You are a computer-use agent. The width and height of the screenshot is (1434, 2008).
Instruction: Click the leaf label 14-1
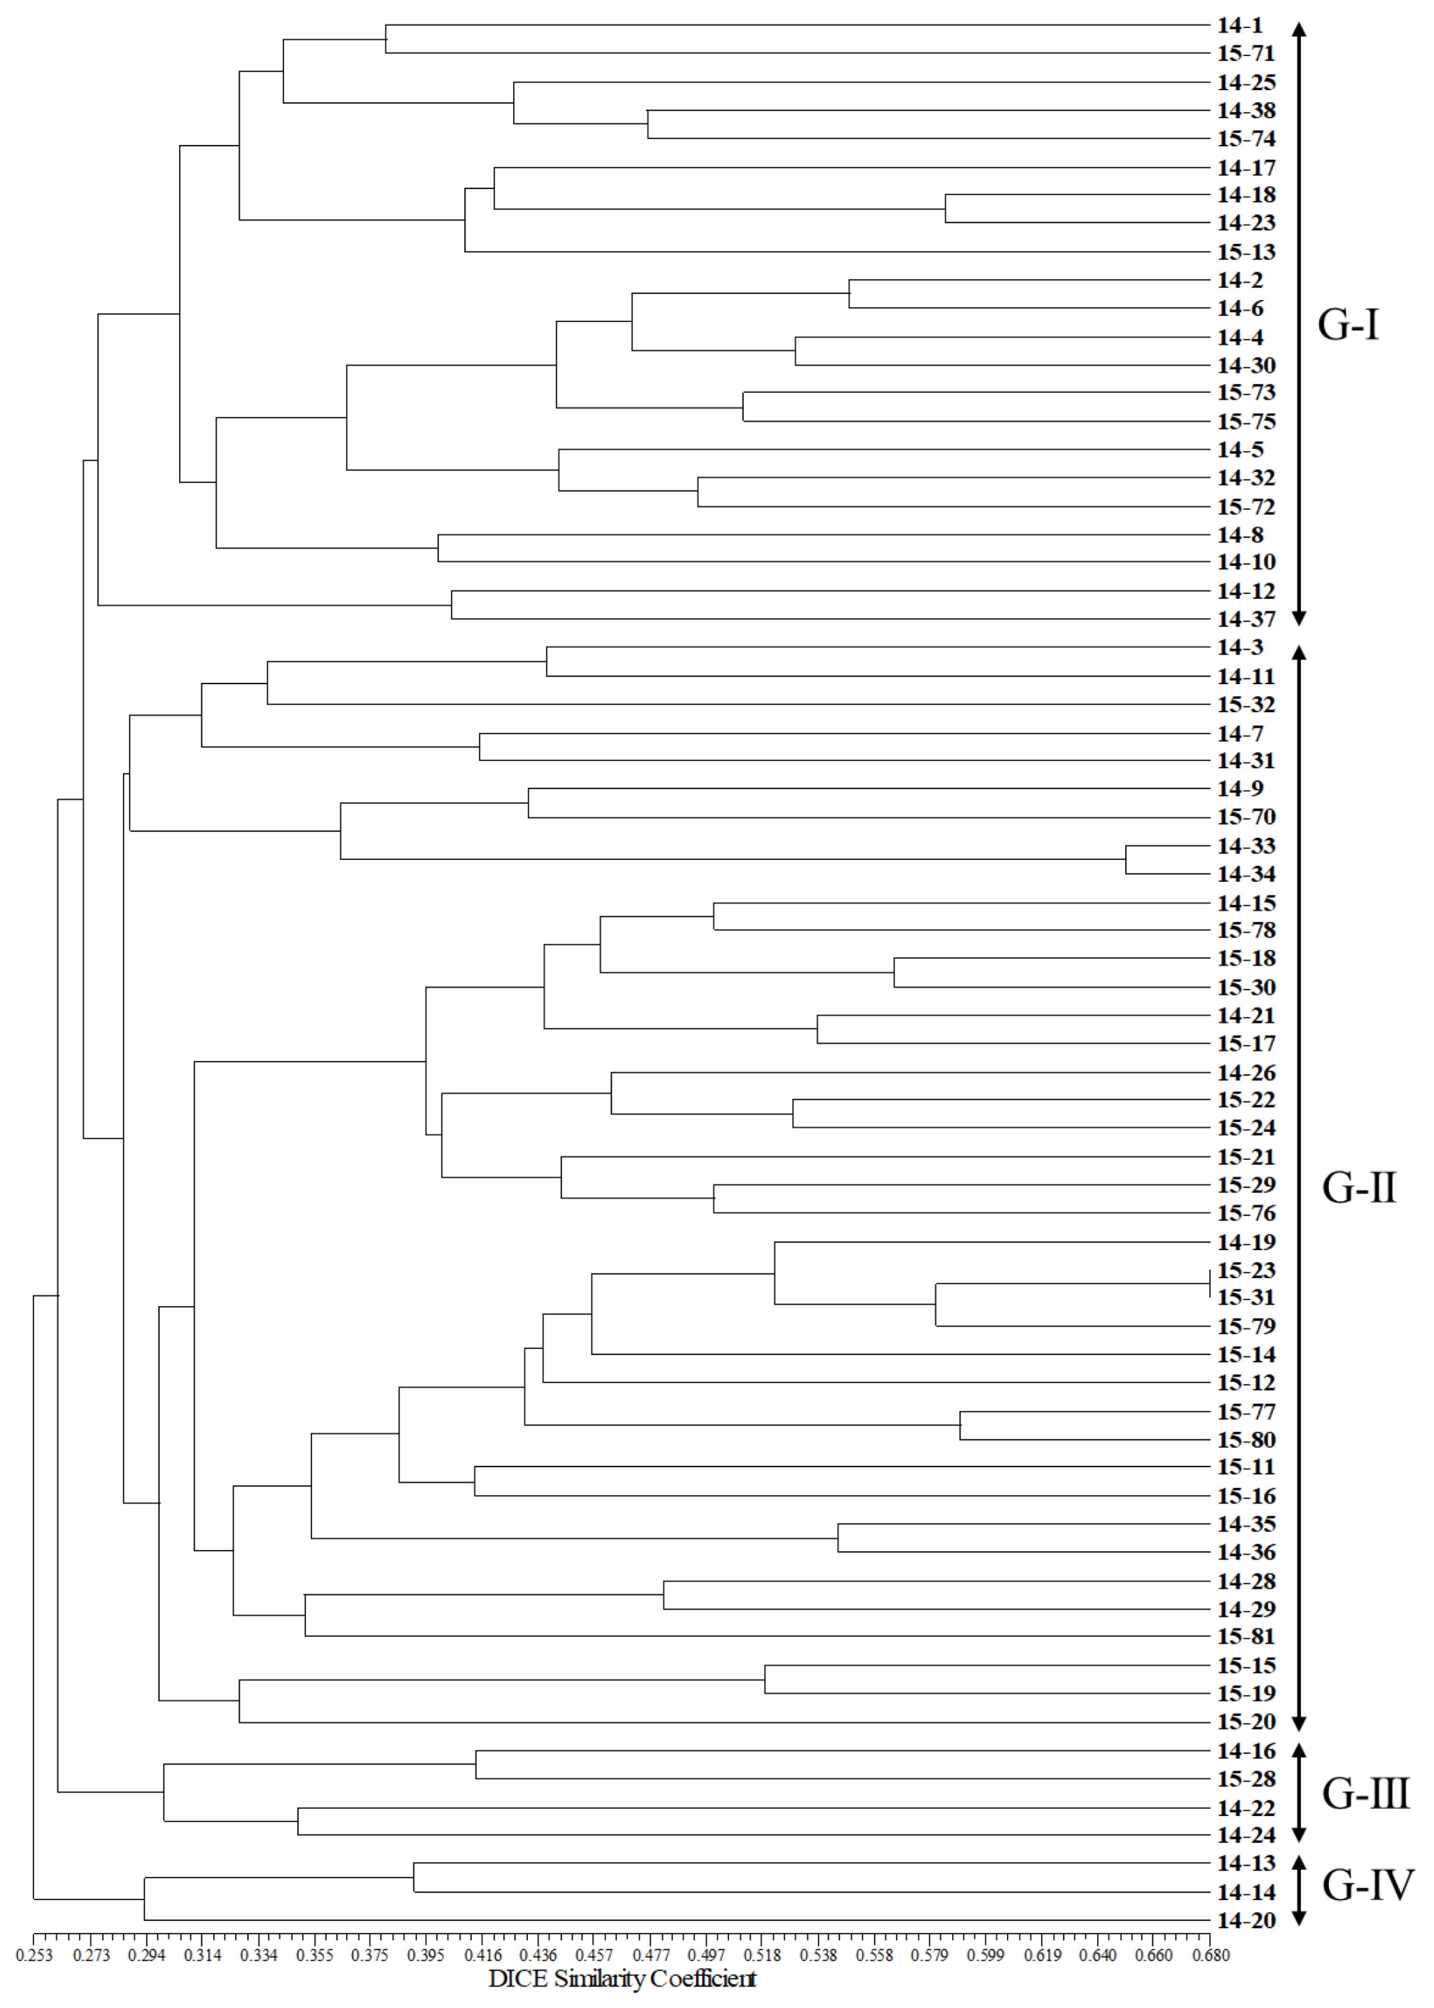coord(1240,26)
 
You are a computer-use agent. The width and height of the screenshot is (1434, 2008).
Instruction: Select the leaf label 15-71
coord(1246,54)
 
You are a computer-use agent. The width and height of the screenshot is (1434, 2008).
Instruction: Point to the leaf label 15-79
coord(1246,1326)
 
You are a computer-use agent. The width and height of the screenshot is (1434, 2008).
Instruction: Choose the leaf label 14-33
coord(1246,846)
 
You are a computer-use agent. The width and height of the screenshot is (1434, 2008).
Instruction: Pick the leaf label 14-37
coord(1246,619)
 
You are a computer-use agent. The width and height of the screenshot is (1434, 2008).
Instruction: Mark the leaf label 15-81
coord(1246,1636)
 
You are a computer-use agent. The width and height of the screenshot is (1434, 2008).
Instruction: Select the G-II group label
coord(1359,1188)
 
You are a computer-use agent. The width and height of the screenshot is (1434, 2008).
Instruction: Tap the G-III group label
coord(1365,1793)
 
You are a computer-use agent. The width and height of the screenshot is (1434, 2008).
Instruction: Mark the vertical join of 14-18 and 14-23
coord(946,209)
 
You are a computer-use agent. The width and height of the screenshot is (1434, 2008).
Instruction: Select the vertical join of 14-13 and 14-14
coord(414,1877)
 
